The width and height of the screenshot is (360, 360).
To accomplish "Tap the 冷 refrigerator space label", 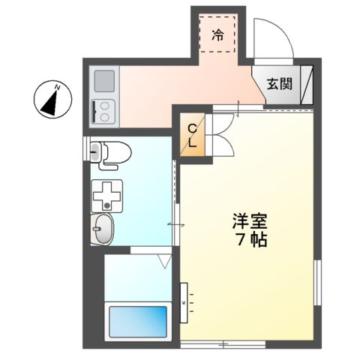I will point(217,33).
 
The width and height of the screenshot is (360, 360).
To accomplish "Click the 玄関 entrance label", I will point(280,84).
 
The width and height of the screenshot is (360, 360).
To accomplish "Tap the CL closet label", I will point(192,135).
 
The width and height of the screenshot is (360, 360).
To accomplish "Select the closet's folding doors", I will point(220,135).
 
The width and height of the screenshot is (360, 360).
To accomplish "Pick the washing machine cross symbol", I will point(109,195).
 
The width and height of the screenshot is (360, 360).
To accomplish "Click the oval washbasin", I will point(103,229).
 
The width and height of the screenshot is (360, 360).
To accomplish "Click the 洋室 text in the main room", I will point(248,223).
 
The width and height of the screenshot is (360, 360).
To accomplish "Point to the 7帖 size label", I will point(249,241).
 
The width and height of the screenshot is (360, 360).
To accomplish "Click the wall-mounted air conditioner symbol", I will point(184,301).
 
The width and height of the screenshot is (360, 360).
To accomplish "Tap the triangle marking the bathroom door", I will point(165,262).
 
